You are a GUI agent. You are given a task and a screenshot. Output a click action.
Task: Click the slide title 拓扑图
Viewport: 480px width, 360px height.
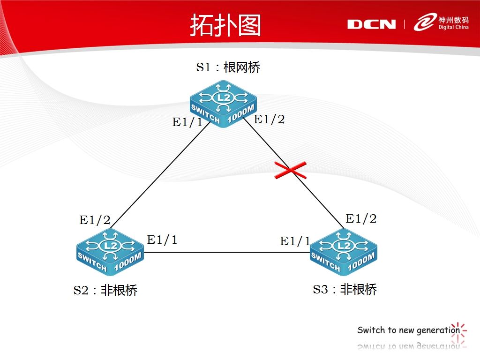[225, 25]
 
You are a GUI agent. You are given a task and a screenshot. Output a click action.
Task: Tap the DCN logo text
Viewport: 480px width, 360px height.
[371, 24]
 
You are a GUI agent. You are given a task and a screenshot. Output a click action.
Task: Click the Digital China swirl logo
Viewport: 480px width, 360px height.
[424, 22]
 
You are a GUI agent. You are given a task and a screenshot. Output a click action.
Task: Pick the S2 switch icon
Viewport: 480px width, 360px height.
[109, 251]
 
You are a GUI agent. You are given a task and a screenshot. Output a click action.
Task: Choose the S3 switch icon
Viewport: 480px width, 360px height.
[344, 251]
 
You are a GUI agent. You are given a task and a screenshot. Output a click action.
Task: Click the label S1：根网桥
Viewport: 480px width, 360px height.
[228, 67]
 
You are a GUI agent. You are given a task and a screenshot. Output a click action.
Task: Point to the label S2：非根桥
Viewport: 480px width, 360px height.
[105, 291]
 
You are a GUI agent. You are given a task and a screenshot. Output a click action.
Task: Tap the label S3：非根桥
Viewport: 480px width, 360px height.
[345, 289]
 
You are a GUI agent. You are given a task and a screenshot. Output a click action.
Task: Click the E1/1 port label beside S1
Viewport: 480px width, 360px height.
[187, 123]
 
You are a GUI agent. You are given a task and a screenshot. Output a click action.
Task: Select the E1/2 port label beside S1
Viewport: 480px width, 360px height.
[269, 120]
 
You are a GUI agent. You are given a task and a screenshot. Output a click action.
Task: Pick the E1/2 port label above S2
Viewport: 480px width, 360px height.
[95, 220]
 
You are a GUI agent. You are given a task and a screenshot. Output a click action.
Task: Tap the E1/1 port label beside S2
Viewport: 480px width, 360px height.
[162, 240]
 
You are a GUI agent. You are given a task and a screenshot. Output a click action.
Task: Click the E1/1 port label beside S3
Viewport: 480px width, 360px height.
[295, 241]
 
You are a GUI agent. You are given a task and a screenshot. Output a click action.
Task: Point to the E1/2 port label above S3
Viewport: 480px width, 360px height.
[361, 218]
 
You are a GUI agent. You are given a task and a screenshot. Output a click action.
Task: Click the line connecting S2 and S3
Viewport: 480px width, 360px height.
[225, 252]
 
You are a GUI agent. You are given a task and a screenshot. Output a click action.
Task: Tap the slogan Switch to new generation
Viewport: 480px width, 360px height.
[408, 330]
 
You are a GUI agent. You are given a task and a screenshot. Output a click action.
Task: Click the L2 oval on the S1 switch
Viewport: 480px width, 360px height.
[224, 97]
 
